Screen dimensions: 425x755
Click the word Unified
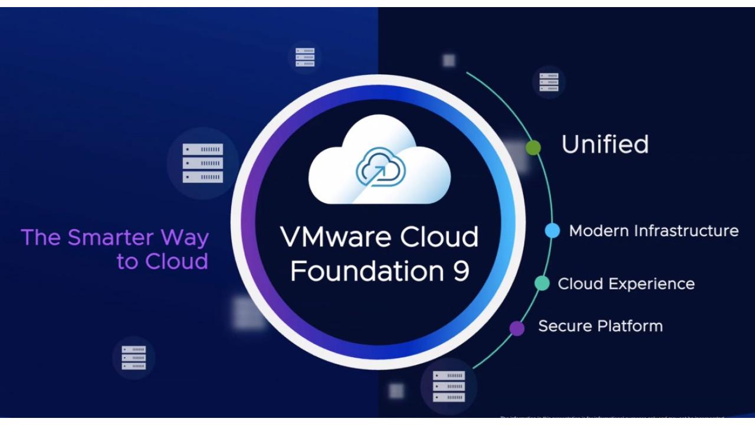605,145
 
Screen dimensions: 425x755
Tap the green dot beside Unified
533,148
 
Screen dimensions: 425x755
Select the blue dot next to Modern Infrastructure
552,231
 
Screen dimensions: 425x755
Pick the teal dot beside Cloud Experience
541,283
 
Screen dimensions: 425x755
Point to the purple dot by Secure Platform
517,328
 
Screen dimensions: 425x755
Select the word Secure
564,326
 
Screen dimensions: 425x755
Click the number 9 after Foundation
459,271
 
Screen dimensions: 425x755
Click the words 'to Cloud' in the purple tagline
162,261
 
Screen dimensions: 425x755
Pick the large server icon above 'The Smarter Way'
202,163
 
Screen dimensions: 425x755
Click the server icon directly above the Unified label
549,82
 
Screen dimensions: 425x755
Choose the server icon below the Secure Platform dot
448,386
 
